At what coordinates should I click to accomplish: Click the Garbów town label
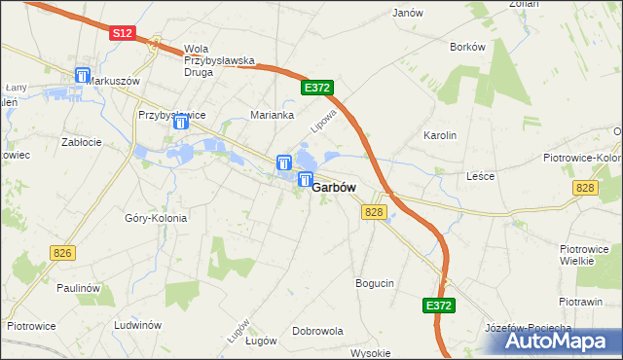(x=333, y=188)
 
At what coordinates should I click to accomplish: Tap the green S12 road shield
(x=121, y=32)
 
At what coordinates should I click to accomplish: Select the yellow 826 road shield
(x=63, y=253)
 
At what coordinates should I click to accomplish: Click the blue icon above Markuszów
(x=82, y=75)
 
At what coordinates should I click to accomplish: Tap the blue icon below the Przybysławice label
(x=181, y=122)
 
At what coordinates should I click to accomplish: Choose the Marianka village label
(x=273, y=115)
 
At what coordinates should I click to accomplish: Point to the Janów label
(x=407, y=14)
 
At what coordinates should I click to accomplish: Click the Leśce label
(x=481, y=176)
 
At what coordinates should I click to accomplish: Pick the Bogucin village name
(x=375, y=283)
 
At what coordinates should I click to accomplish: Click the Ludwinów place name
(x=136, y=325)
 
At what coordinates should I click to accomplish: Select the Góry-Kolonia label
(x=156, y=218)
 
